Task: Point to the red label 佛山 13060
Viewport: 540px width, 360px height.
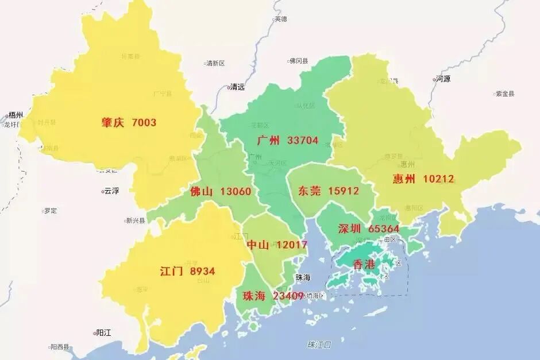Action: [x=220, y=191]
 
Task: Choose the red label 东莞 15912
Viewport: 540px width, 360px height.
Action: [x=328, y=191]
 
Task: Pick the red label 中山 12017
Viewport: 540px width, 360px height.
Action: [x=277, y=245]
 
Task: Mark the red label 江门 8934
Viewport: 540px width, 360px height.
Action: [x=187, y=271]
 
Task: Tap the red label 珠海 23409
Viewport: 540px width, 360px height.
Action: [x=273, y=296]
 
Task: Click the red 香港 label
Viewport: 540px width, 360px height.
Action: [x=364, y=265]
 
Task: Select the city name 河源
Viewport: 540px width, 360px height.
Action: [x=442, y=79]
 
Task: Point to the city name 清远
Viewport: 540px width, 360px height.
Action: [x=237, y=87]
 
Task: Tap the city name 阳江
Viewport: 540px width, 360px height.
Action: [x=104, y=332]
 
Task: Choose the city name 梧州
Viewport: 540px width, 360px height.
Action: [x=14, y=115]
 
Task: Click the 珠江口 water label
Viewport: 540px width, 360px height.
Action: [x=319, y=344]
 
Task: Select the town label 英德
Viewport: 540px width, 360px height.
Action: [x=280, y=19]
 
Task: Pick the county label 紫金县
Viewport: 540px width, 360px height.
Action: [x=505, y=94]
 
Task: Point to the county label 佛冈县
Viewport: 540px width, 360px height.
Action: [x=299, y=60]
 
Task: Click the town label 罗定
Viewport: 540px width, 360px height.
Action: [x=51, y=211]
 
